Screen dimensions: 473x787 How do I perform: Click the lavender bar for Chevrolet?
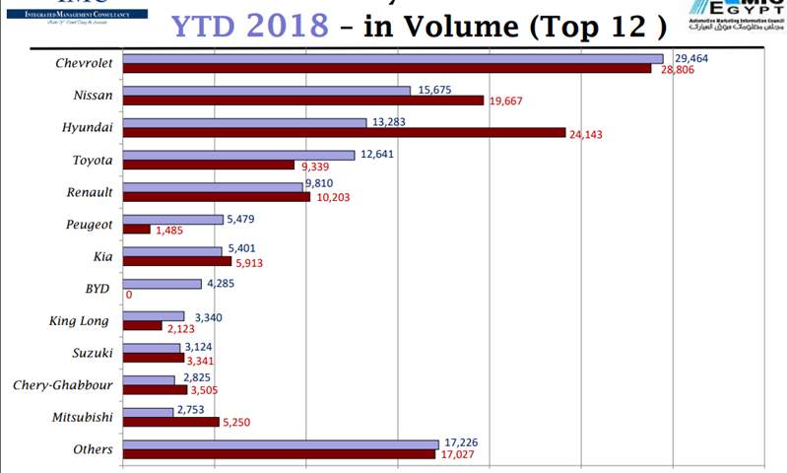click(394, 58)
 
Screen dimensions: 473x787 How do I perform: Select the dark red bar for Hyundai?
click(344, 133)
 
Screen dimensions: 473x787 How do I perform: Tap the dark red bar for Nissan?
click(303, 101)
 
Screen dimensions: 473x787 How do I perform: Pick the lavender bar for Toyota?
click(238, 155)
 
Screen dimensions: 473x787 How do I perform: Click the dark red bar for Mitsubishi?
click(170, 422)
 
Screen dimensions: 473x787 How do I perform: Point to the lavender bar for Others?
click(281, 444)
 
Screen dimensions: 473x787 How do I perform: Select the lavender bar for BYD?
click(163, 284)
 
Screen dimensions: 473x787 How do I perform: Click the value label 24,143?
click(586, 134)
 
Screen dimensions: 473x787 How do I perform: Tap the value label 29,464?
click(691, 58)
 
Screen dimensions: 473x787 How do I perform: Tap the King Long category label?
click(81, 321)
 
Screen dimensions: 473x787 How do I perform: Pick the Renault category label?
click(91, 192)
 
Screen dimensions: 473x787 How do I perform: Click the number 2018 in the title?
click(286, 24)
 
